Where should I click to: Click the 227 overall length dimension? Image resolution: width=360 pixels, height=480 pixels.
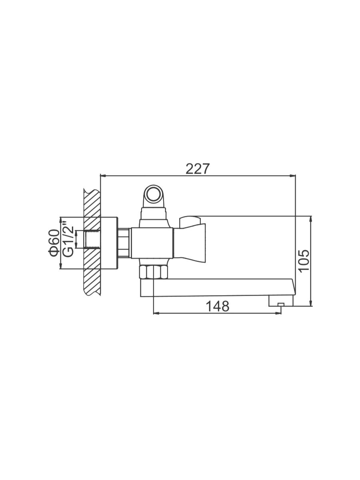[x=197, y=169]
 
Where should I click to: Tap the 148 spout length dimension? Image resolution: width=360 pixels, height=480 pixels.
[x=218, y=306]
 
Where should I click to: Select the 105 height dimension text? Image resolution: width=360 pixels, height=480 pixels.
[x=304, y=261]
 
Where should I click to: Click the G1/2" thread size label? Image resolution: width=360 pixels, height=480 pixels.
[x=68, y=240]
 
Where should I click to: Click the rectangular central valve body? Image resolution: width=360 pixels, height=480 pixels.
[x=152, y=243]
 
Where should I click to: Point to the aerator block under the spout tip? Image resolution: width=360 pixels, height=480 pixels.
[x=281, y=301]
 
